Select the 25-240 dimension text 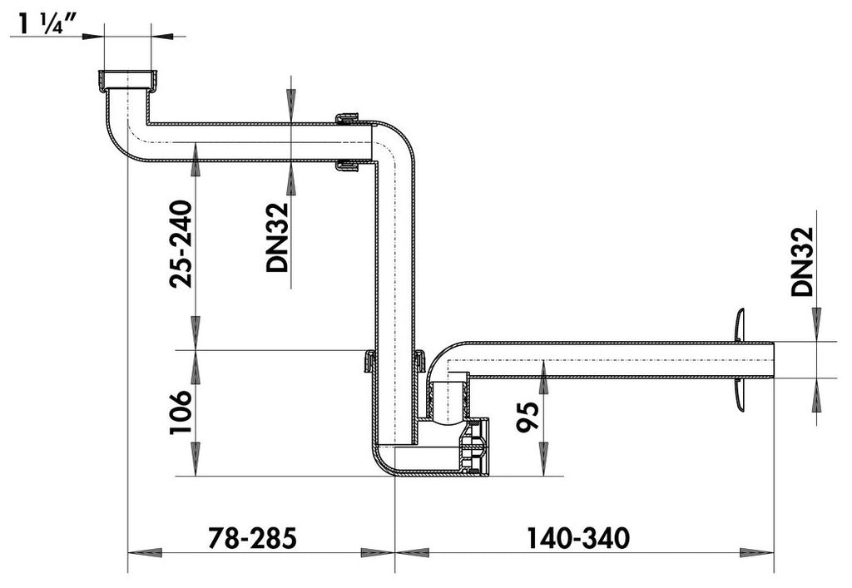[181, 245]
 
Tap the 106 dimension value [181, 412]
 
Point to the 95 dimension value [528, 417]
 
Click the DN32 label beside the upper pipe [277, 237]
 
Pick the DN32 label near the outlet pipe [803, 261]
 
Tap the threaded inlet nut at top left [128, 81]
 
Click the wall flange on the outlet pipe [738, 360]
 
